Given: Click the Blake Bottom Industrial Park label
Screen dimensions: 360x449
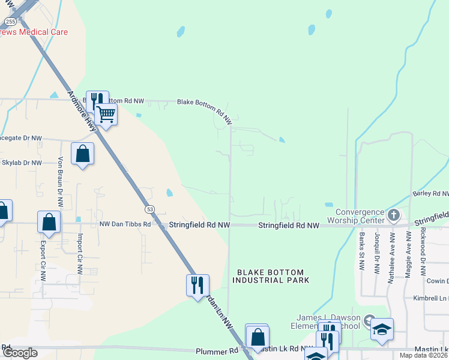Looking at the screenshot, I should [x=271, y=276].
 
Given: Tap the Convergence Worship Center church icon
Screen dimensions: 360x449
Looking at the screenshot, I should [x=394, y=215].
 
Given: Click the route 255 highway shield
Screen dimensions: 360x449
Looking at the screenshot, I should [x=10, y=21].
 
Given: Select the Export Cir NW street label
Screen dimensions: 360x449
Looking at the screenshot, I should [x=43, y=262].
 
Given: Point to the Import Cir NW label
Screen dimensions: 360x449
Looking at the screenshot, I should [x=79, y=254].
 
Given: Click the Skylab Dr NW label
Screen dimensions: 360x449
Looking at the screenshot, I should [x=22, y=163].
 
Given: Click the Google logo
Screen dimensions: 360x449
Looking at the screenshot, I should [x=20, y=353].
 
